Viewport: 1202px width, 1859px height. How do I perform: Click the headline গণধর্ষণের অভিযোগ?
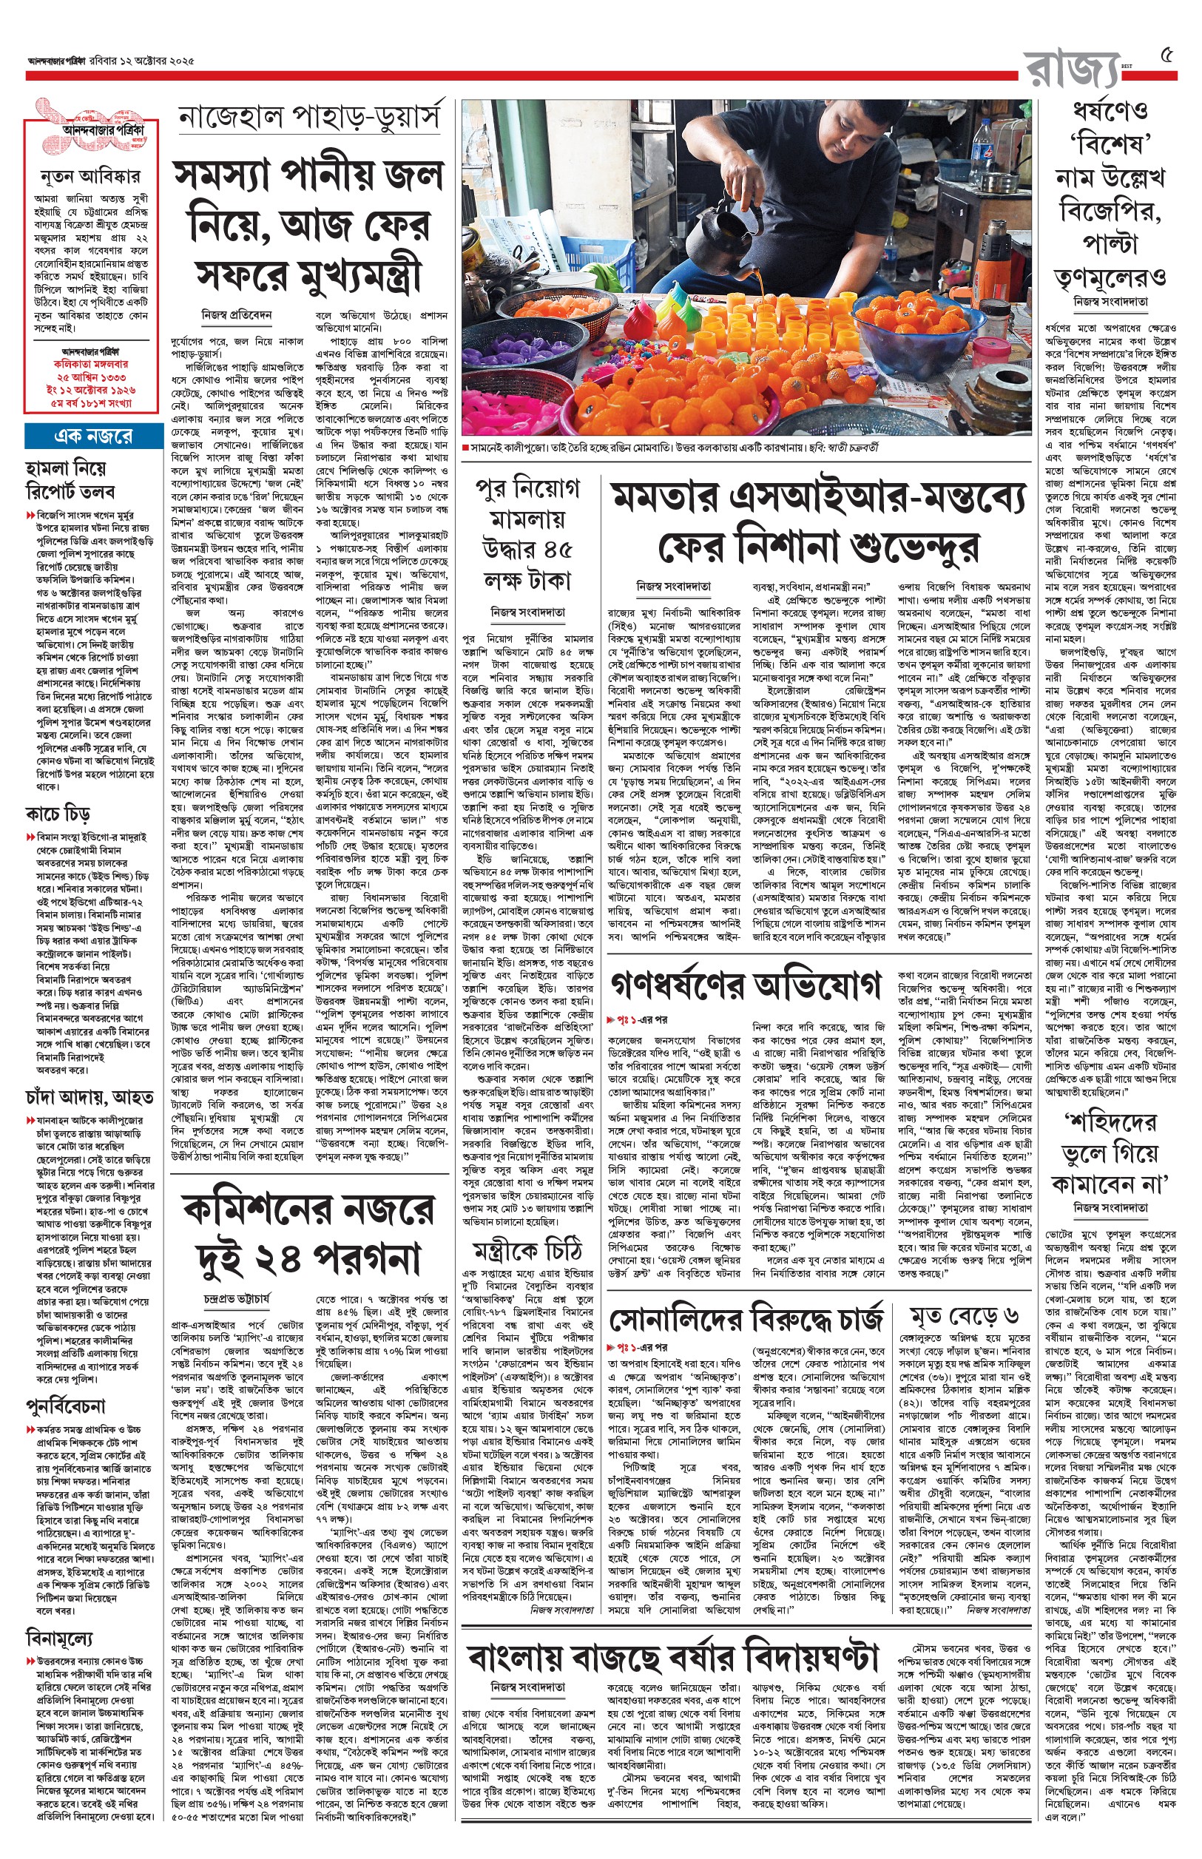(x=746, y=988)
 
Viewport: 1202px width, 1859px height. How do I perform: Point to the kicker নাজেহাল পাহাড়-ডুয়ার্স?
(x=310, y=119)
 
